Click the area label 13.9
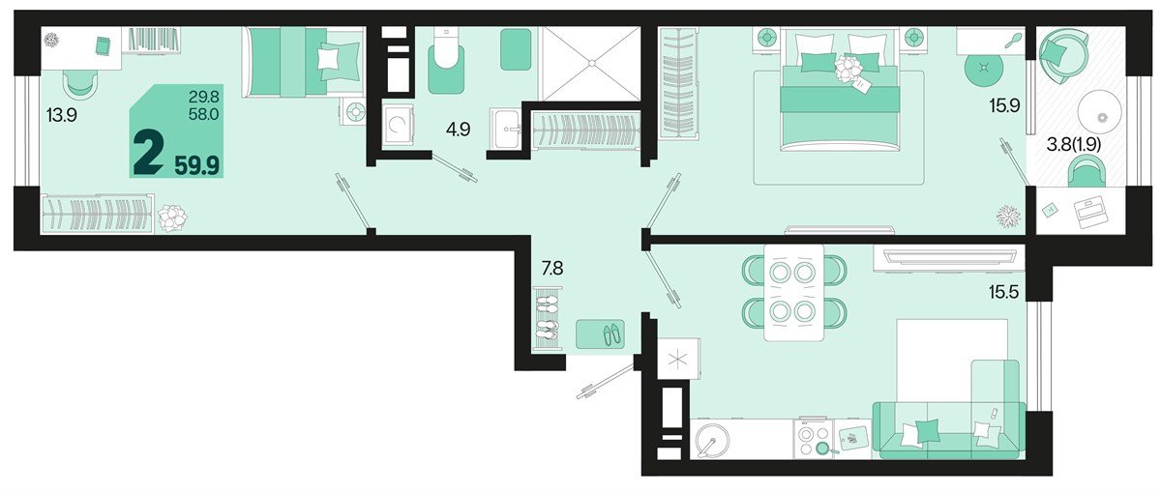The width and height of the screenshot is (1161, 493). pyautogui.click(x=62, y=115)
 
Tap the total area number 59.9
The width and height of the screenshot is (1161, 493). pyautogui.click(x=197, y=165)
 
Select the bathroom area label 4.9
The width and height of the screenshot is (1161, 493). pyautogui.click(x=459, y=130)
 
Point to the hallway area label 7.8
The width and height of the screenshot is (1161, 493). pyautogui.click(x=552, y=269)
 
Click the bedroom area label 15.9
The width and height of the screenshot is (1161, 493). pyautogui.click(x=1004, y=106)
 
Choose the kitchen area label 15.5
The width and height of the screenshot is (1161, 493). pyautogui.click(x=1003, y=293)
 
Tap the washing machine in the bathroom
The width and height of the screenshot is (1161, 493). pyautogui.click(x=399, y=125)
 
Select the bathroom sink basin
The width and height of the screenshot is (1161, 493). pyautogui.click(x=505, y=128)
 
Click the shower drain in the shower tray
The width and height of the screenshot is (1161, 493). pyautogui.click(x=590, y=63)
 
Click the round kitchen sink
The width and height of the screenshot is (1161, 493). pyautogui.click(x=712, y=440)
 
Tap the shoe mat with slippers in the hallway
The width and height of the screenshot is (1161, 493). pyautogui.click(x=600, y=334)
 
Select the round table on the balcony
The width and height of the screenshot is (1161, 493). pyautogui.click(x=1100, y=112)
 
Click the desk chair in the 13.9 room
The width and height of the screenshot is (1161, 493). pyautogui.click(x=81, y=83)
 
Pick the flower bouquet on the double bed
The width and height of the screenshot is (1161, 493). pyautogui.click(x=847, y=68)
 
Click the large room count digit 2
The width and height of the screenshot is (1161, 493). pyautogui.click(x=148, y=154)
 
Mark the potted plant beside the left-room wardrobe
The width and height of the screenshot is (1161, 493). pyautogui.click(x=171, y=217)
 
